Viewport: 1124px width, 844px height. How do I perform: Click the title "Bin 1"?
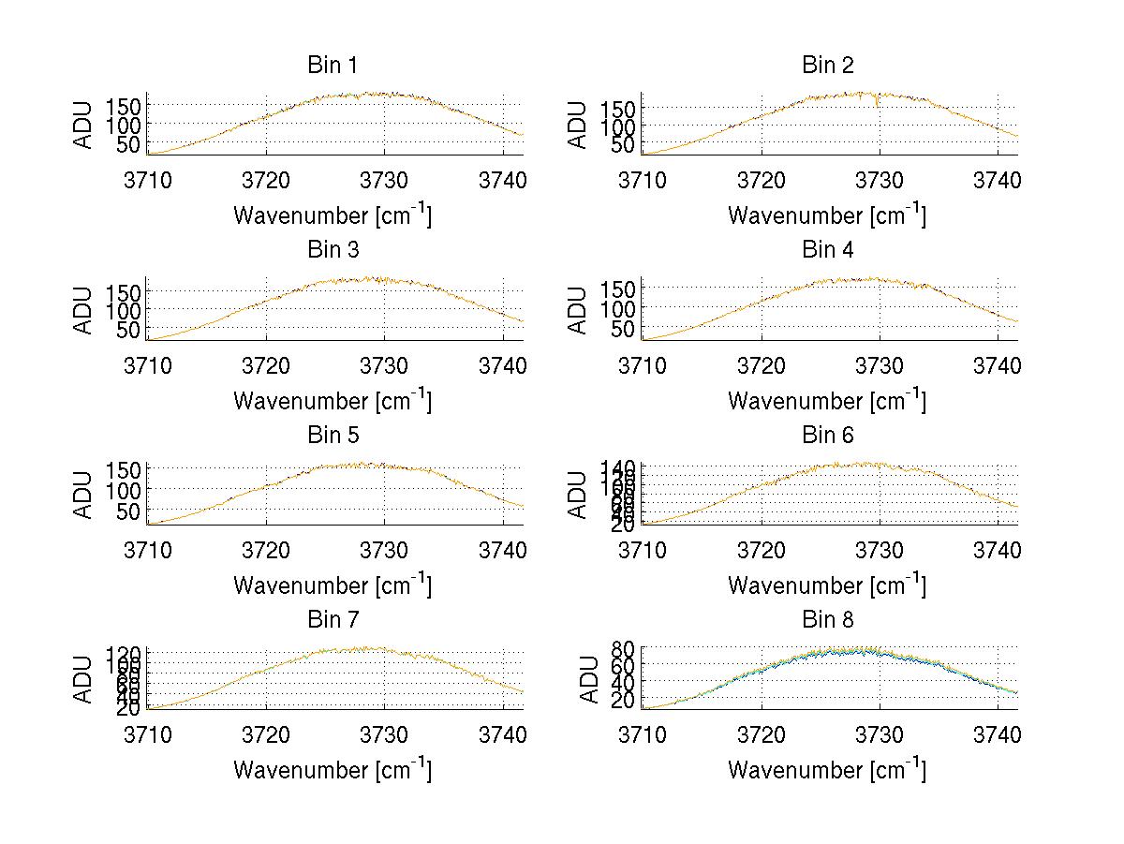(x=333, y=66)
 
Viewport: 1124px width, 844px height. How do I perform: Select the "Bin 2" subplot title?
(x=828, y=66)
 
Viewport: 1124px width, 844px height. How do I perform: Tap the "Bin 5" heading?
(x=333, y=436)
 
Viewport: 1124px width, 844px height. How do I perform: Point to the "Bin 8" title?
(x=828, y=620)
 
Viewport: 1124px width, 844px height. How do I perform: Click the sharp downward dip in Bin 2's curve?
(x=877, y=106)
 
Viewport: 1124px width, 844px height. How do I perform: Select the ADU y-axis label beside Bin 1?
(x=84, y=125)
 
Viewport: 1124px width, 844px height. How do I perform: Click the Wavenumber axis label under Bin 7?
(x=333, y=770)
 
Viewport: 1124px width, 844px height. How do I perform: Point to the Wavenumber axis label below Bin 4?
(x=827, y=400)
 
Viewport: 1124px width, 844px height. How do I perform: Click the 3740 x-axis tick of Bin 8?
(x=997, y=733)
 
